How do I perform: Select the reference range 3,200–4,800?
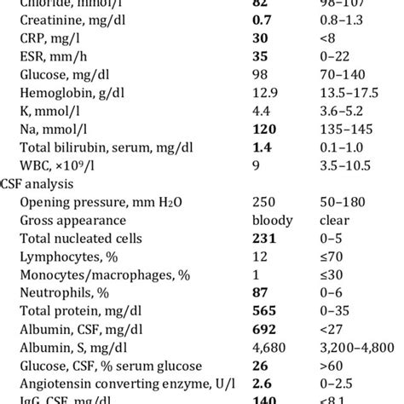[362, 368]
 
